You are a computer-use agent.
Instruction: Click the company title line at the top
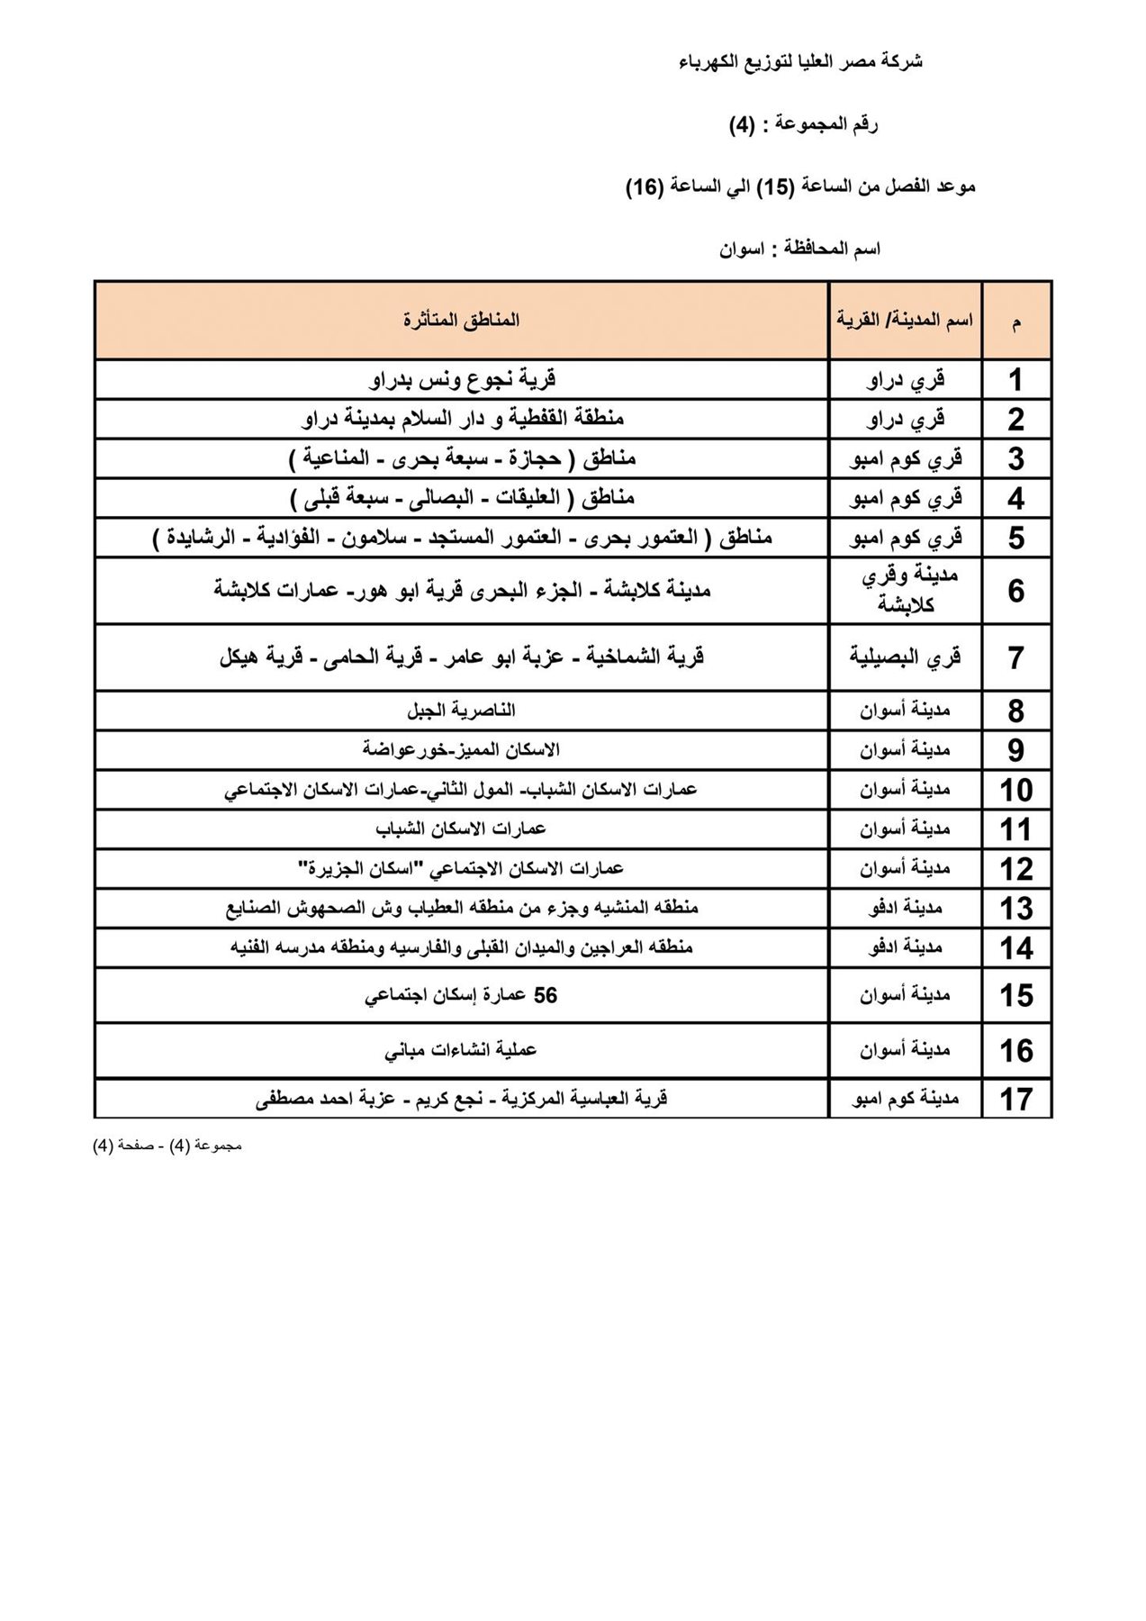tap(800, 62)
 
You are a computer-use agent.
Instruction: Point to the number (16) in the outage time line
tap(645, 186)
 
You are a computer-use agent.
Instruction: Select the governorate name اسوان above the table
tap(742, 249)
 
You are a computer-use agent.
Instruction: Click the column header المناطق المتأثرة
tap(461, 321)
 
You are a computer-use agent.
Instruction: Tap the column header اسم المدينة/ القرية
tap(904, 321)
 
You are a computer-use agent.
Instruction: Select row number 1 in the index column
tap(1016, 380)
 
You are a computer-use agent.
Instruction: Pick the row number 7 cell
tap(1016, 658)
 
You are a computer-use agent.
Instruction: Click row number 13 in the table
tap(1016, 909)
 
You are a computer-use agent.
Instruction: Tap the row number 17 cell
tap(1016, 1099)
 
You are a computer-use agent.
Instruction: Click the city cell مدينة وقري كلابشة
tap(905, 591)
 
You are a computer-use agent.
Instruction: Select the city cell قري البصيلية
tap(905, 657)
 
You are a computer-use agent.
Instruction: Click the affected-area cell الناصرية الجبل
tap(461, 711)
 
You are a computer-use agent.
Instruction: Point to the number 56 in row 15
tap(546, 995)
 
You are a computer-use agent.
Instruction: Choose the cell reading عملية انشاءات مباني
tap(461, 1050)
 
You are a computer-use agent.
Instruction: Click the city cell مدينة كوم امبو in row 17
tap(905, 1099)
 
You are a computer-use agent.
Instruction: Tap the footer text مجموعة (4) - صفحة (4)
tap(167, 1146)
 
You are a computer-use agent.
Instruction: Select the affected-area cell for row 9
tap(461, 750)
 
